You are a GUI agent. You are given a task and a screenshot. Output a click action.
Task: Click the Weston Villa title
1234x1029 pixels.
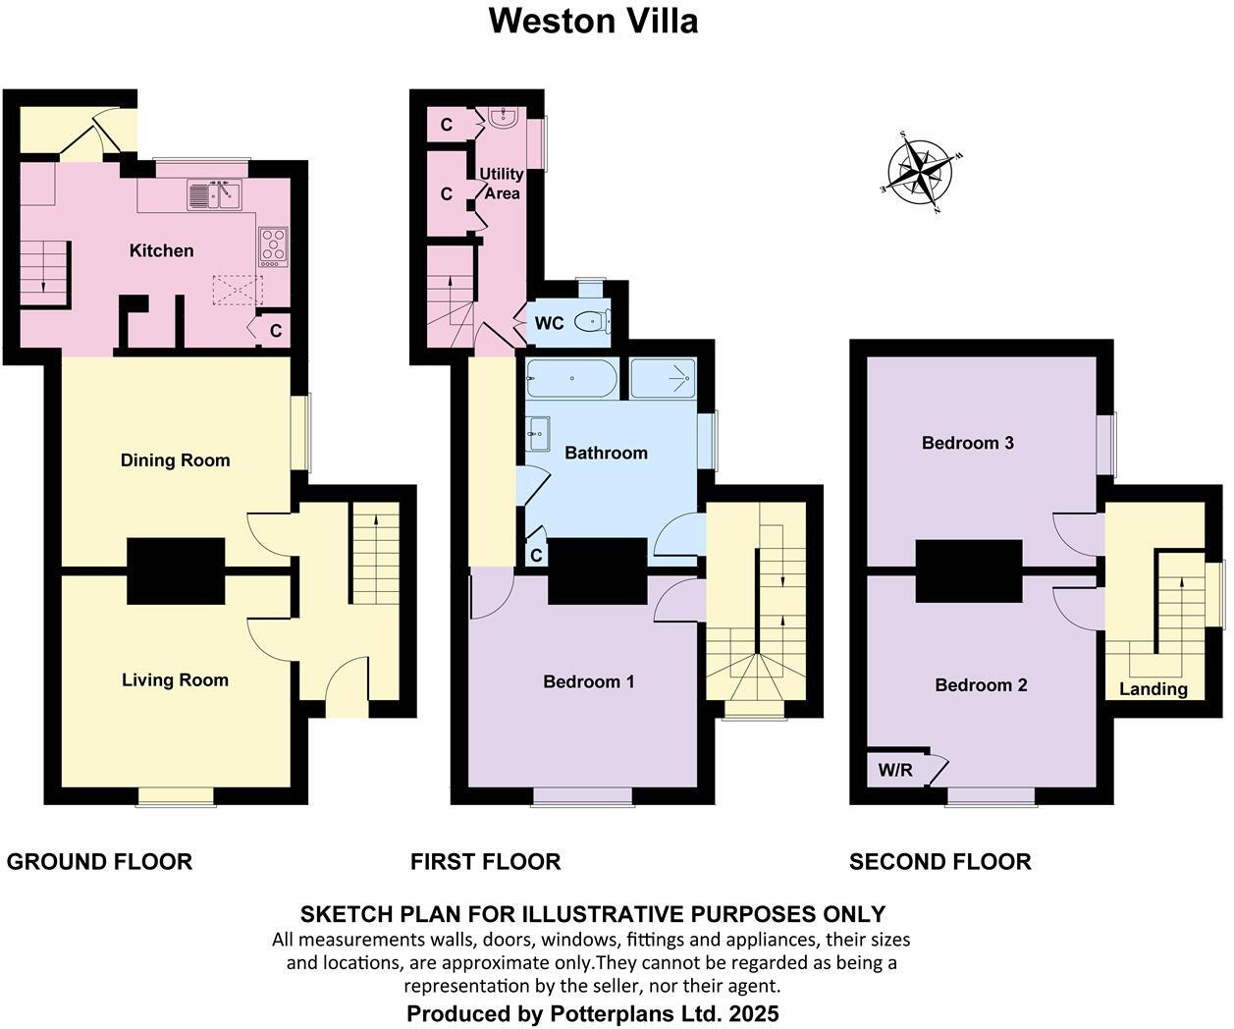593,21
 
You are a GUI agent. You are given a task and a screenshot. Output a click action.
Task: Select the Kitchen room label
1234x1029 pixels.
161,250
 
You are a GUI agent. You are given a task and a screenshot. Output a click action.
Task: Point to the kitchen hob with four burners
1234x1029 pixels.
273,245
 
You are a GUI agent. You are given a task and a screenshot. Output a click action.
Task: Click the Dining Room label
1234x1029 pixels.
175,460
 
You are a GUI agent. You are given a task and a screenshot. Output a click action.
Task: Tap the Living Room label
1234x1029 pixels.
175,679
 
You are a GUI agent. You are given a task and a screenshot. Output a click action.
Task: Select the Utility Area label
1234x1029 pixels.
501,184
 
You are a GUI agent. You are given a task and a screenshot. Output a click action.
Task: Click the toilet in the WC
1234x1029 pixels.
592,322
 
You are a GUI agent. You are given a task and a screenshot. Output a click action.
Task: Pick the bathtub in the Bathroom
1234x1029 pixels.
571,378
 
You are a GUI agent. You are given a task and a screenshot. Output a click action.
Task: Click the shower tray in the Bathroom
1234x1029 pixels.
663,377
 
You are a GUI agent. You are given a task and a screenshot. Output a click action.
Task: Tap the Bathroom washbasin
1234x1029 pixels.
538,430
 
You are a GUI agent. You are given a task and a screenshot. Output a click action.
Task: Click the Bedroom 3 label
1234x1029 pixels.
967,443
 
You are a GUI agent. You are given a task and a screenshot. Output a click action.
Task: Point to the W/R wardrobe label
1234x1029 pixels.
894,770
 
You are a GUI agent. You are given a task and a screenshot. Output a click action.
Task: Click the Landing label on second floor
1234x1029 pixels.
1153,688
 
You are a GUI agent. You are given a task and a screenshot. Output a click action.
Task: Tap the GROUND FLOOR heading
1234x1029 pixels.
99,861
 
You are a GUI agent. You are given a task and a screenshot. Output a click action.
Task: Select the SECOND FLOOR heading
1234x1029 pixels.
939,861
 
